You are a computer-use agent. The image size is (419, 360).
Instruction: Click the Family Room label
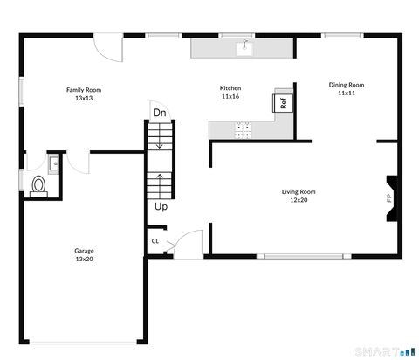84,94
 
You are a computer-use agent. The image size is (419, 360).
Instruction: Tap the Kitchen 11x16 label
230,93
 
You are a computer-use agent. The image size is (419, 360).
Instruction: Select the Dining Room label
347,88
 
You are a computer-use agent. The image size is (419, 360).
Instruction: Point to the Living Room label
298,196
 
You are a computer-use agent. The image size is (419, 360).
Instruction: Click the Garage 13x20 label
84,254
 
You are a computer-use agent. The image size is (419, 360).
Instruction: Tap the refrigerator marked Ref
284,102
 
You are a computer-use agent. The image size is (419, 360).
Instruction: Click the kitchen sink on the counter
245,47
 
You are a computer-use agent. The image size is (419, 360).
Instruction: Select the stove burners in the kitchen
244,130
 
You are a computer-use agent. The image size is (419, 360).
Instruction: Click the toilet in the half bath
38,185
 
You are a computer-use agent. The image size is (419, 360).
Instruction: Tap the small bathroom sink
54,162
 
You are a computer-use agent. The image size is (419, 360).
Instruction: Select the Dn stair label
159,113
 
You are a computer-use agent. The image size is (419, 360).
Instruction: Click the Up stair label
161,207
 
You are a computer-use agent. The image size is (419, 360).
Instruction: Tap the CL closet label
155,241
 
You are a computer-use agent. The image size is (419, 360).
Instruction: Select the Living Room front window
302,256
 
